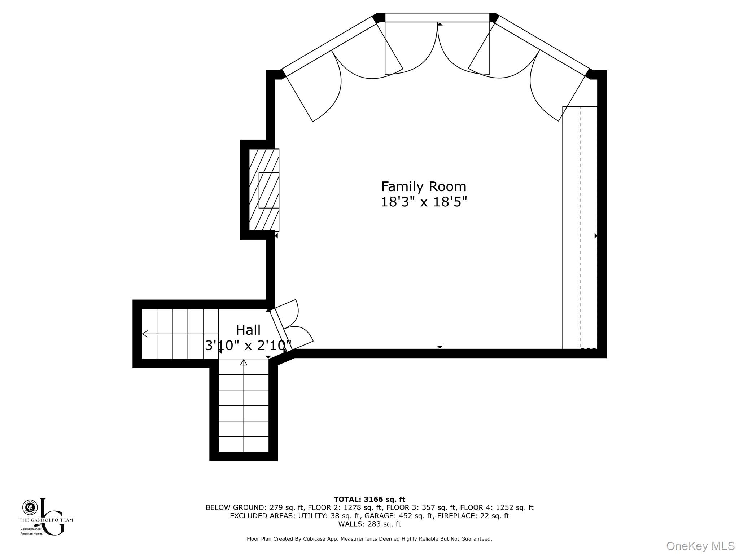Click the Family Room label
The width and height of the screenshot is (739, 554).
tap(424, 187)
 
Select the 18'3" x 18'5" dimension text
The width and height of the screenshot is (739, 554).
tap(424, 202)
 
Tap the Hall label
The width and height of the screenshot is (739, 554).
tap(248, 330)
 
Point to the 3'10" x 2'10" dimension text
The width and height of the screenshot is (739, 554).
tap(248, 346)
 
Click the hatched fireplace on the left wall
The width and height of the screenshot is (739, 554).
tap(264, 190)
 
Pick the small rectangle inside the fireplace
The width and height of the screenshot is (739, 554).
tap(269, 190)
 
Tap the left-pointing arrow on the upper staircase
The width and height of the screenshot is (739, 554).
tap(145, 334)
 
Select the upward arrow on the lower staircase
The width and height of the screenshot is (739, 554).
tap(244, 362)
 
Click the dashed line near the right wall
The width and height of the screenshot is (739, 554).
tap(580, 227)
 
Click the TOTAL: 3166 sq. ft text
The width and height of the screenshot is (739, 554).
tap(369, 500)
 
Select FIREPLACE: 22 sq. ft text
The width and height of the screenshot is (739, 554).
tap(473, 516)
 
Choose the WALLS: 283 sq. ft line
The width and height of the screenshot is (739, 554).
tap(369, 524)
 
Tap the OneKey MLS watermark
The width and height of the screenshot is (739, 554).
tap(700, 546)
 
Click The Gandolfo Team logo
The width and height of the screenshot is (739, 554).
tap(46, 517)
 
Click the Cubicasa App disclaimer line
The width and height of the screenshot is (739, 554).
tap(369, 539)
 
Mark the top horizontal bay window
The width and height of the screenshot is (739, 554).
tap(437, 17)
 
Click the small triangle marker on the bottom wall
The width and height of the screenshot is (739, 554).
tap(440, 347)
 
